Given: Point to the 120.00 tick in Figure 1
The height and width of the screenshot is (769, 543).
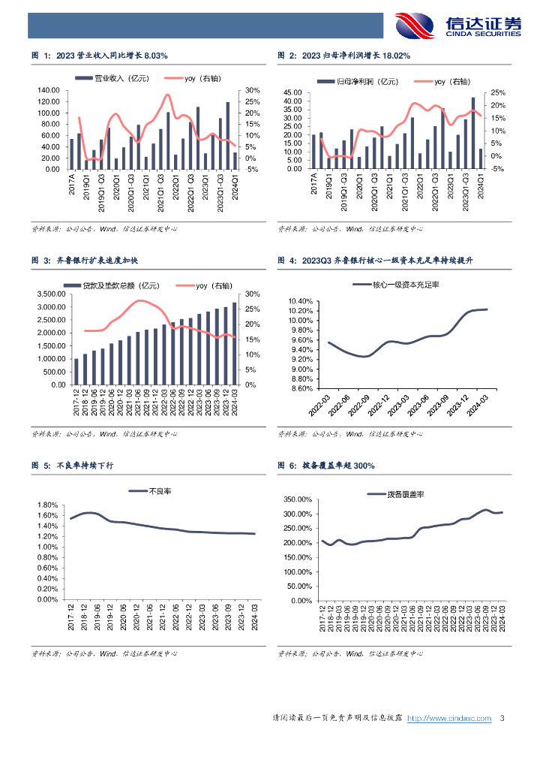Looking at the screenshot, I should [x=49, y=91].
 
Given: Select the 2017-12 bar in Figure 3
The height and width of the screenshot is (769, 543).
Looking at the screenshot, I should [x=76, y=371].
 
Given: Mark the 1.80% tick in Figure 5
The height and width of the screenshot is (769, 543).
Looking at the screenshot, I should [x=47, y=505].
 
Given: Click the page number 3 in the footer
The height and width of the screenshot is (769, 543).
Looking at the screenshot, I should [x=502, y=719].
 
